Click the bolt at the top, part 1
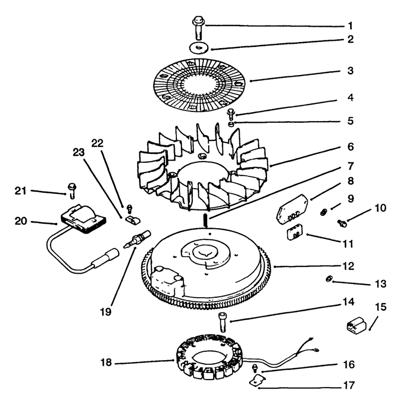pos(198,28)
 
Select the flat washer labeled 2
pos(199,48)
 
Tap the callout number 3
pos(350,71)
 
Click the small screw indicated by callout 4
pos(231,114)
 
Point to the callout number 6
pos(351,147)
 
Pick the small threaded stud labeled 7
pos(206,220)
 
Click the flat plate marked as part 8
pos(292,209)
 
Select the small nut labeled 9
pos(324,212)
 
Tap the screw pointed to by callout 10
pos(342,223)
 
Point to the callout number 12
pos(349,266)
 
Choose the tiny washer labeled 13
pos(329,279)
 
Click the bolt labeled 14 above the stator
pos(222,322)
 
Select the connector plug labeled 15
pos(356,325)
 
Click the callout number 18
pos(106,362)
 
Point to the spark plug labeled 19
pos(137,239)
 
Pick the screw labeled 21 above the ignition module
pos(72,191)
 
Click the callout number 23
pos(79,152)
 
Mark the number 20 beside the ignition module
pos(21,221)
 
